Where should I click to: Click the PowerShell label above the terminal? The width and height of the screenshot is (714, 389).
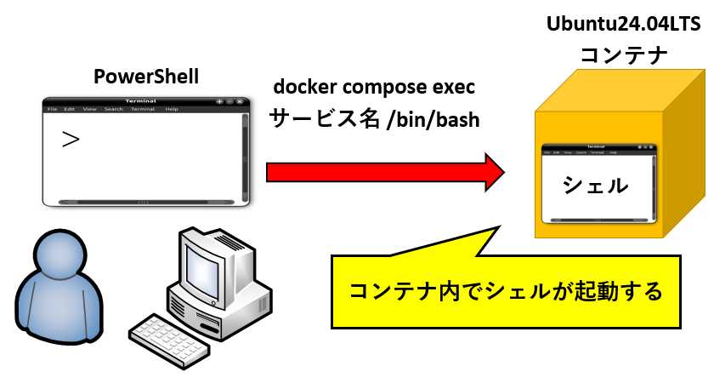tap(145, 77)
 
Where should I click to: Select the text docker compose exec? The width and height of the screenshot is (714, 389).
tap(374, 88)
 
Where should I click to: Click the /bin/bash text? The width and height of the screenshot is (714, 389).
tap(433, 119)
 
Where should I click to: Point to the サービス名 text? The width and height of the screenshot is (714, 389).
tap(324, 119)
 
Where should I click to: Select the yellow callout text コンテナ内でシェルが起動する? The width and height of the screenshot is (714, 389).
tap(506, 291)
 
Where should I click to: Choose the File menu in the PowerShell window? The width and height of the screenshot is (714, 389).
tap(52, 109)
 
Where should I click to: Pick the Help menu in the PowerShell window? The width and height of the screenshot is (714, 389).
tap(172, 109)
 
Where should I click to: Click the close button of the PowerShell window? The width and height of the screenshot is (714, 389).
tap(241, 101)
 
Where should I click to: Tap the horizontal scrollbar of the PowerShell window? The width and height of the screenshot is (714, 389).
tap(142, 202)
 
